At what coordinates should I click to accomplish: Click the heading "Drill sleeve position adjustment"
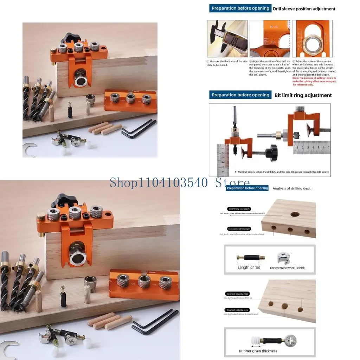click(304, 9)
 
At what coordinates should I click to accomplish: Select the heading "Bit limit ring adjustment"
click(303, 95)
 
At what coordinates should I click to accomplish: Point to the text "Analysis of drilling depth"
click(292, 188)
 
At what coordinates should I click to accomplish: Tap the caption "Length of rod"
click(249, 268)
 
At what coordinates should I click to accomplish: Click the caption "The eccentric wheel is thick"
click(287, 268)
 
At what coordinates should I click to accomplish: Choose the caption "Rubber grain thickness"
click(258, 351)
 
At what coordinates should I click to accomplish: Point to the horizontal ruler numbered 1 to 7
click(311, 147)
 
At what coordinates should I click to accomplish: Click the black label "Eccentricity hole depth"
click(239, 209)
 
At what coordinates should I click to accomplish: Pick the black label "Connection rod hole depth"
click(239, 229)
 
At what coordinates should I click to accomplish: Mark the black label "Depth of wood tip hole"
click(238, 294)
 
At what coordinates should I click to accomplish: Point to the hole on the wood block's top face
click(295, 214)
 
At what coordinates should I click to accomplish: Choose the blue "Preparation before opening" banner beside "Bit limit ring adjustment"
click(240, 95)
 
